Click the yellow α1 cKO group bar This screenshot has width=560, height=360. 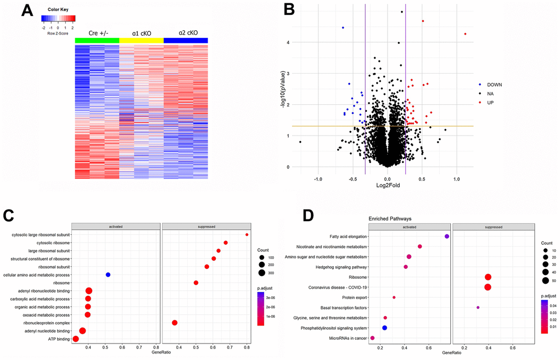[141, 40]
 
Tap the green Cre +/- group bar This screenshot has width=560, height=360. [97, 40]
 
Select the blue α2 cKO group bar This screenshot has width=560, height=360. [186, 40]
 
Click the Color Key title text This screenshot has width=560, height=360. [58, 9]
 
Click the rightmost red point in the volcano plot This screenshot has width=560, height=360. [465, 34]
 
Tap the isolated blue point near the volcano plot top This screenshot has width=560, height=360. [343, 27]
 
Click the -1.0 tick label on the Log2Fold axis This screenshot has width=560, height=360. [318, 179]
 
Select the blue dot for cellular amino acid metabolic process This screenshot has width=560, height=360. [108, 274]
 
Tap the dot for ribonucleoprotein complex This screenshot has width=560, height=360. [175, 323]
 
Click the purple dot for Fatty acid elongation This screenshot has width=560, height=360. [447, 237]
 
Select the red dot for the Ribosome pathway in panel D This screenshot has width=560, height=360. [488, 277]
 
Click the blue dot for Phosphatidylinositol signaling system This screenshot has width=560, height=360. [384, 328]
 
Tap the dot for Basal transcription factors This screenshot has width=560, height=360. [478, 307]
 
